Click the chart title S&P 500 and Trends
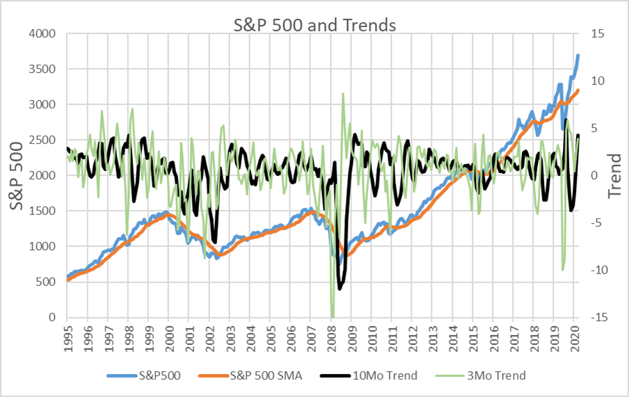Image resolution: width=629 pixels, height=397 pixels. click(x=314, y=25)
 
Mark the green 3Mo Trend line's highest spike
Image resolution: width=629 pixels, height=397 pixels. click(x=343, y=93)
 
